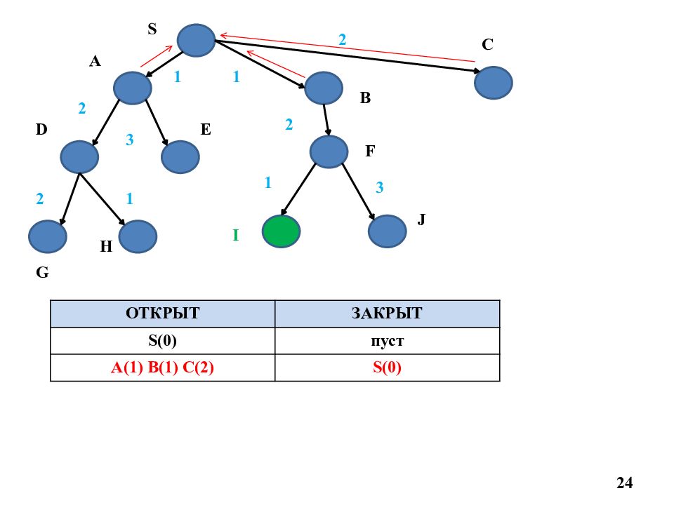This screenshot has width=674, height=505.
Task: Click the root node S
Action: (x=196, y=41)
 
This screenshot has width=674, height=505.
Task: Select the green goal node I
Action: (x=281, y=231)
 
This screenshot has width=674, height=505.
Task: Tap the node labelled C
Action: (x=494, y=83)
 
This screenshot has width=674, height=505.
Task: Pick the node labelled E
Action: (x=180, y=156)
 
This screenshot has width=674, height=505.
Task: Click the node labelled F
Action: (x=329, y=151)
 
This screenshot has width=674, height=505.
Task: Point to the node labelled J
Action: (x=388, y=231)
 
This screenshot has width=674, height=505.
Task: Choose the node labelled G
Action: (x=48, y=236)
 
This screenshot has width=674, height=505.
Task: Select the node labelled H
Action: (x=138, y=236)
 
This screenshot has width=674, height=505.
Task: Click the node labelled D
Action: (x=79, y=156)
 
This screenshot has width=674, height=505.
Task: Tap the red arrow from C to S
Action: (x=348, y=48)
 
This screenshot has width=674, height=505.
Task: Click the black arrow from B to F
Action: (x=326, y=120)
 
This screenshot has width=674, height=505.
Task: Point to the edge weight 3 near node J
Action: (x=379, y=187)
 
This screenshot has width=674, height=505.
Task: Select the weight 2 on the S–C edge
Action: (x=342, y=39)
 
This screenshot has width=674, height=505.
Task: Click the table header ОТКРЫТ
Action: (x=162, y=313)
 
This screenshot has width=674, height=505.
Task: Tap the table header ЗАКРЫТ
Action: (x=387, y=313)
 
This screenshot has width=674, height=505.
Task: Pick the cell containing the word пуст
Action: (x=388, y=341)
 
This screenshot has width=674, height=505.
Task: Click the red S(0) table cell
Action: (x=388, y=368)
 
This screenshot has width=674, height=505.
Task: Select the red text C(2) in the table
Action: (x=198, y=368)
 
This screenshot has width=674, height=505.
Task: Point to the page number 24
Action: (x=625, y=483)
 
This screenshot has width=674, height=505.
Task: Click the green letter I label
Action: (x=236, y=235)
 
